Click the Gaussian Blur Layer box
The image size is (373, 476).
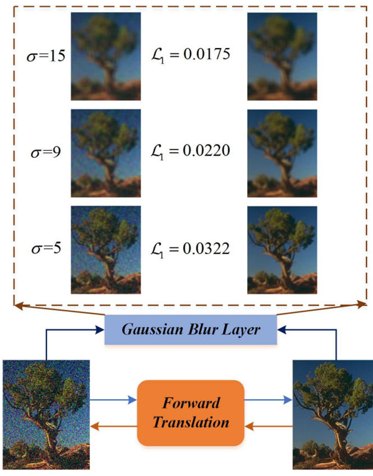coord(192,329)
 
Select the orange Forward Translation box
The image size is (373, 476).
coord(192,413)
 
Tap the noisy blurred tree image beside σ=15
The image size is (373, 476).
coord(105,57)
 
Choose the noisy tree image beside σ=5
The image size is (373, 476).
coord(105,249)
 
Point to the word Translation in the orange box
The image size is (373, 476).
coord(192,422)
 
